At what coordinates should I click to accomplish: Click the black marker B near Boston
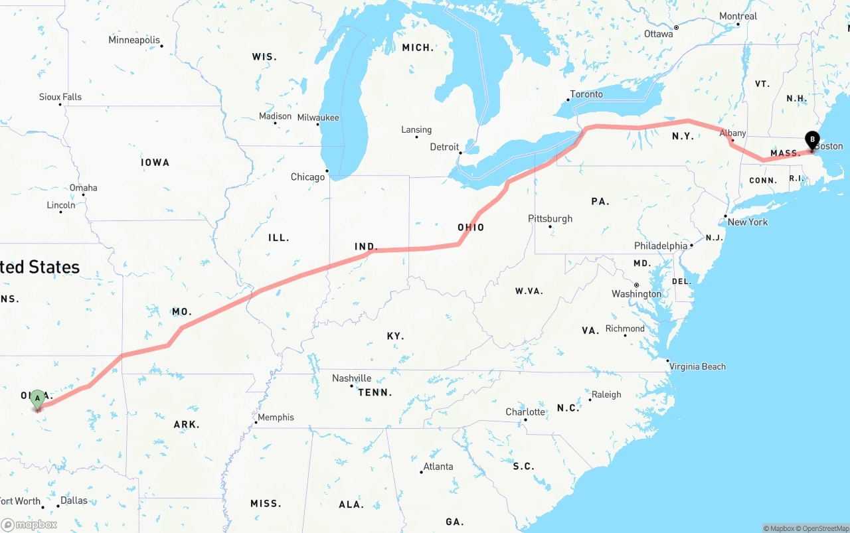[811, 140]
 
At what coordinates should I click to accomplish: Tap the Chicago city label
[307, 177]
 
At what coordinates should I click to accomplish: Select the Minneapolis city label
[134, 40]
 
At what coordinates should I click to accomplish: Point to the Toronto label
[586, 94]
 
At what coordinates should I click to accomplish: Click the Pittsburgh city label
[550, 218]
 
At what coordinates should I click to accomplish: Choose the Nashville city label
[351, 378]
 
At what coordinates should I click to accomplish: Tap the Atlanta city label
[438, 467]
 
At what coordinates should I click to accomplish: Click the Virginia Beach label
[697, 366]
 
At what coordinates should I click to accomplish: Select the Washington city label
[636, 294]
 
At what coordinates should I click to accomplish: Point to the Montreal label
[738, 17]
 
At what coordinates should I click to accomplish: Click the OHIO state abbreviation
[471, 228]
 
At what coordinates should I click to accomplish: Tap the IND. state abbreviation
[366, 246]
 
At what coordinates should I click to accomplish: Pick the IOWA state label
[155, 163]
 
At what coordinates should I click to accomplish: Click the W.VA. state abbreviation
[529, 291]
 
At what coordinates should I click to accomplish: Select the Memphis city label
[276, 418]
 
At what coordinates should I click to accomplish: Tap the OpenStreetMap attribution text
[825, 528]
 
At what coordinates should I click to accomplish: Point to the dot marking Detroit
[460, 153]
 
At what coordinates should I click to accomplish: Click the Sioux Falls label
[60, 97]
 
